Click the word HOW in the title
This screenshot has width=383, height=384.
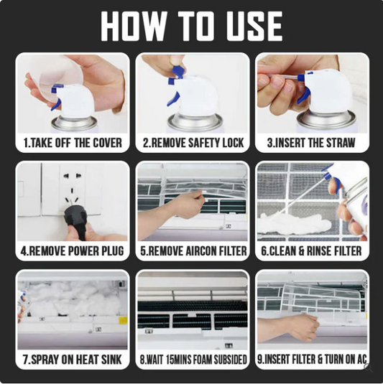[134, 26]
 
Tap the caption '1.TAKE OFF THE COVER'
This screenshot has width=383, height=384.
[73, 143]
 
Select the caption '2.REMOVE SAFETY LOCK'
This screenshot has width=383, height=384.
[193, 143]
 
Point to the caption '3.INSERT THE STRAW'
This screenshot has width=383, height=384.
[311, 143]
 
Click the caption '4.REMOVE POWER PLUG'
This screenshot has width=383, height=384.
[72, 251]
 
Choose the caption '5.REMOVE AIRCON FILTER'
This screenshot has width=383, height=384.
[193, 251]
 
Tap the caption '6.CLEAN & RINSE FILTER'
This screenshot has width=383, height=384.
[311, 251]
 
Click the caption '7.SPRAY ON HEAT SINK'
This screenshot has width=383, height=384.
[72, 360]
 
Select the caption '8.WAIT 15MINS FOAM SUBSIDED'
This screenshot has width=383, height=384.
[193, 360]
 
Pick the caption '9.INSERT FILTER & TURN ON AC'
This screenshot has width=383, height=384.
[312, 360]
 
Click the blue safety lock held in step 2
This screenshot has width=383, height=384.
[177, 72]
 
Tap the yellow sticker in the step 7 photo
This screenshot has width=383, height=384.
[123, 321]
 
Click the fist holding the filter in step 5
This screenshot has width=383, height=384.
[189, 205]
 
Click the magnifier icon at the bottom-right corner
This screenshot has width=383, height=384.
[367, 367]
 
